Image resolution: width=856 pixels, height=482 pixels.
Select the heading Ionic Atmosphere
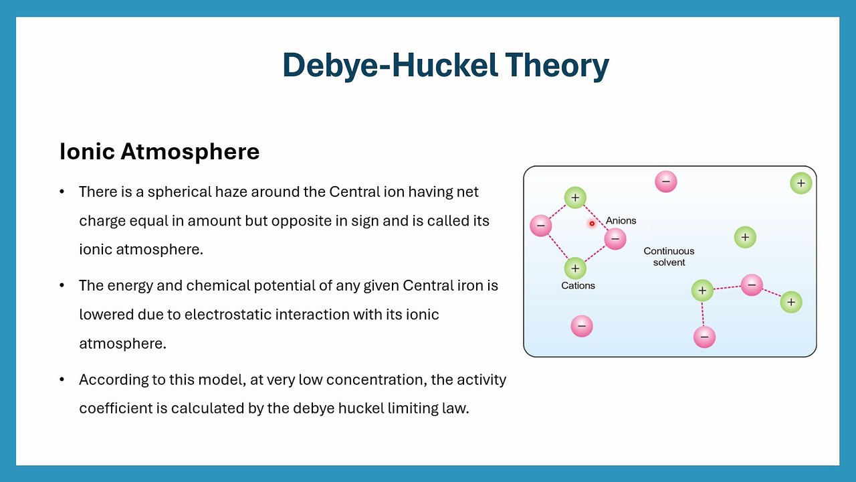click(159, 151)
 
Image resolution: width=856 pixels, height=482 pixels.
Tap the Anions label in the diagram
click(621, 220)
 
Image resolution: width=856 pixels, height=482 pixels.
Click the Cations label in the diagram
click(578, 285)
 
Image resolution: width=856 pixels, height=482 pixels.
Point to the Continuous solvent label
click(669, 256)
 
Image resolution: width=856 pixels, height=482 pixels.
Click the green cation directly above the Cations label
click(574, 268)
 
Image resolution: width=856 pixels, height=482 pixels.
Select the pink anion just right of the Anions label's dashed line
click(615, 238)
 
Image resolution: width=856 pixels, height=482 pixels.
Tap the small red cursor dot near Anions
click(592, 224)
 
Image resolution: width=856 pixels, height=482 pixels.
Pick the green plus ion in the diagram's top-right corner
click(800, 183)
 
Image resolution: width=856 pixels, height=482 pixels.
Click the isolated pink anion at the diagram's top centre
click(665, 181)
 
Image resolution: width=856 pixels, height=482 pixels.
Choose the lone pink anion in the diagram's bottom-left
click(582, 326)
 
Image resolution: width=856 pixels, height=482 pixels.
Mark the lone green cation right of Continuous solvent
click(745, 237)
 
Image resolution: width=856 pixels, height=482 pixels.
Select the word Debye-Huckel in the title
click(390, 65)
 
